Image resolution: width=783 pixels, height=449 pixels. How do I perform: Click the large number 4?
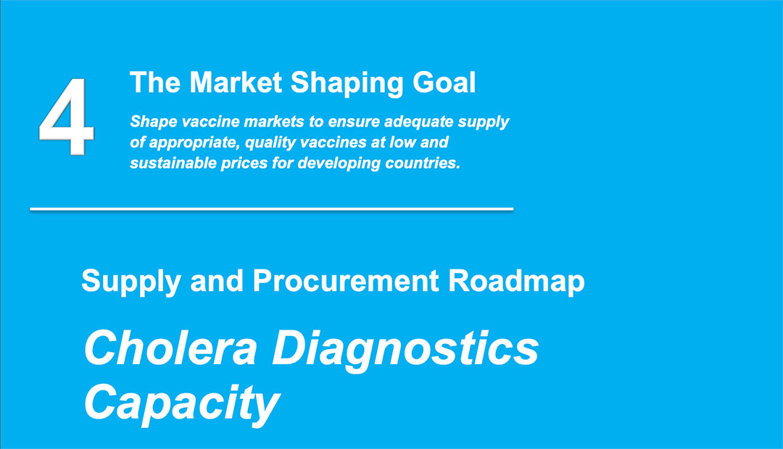pos(67,117)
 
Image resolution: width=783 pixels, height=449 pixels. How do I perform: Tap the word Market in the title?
pos(236,83)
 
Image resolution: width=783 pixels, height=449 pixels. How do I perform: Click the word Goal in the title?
pos(444,83)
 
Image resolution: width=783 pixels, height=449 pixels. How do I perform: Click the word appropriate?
pos(195,143)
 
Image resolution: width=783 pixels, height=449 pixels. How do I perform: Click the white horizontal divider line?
pos(272,209)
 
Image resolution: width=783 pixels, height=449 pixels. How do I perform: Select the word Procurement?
pos(346,281)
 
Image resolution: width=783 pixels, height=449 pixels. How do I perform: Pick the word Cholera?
pos(171,348)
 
